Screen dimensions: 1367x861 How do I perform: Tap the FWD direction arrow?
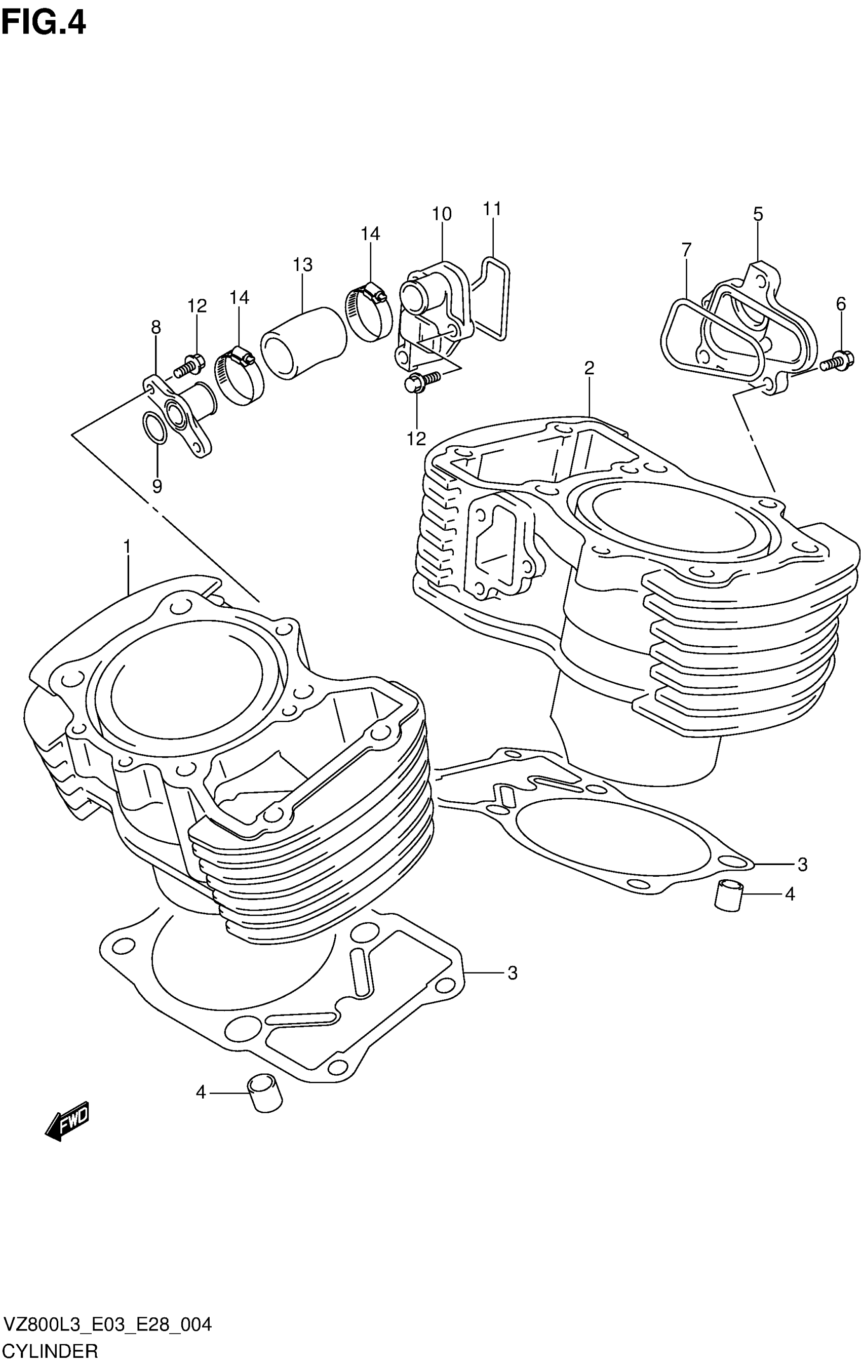[67, 1119]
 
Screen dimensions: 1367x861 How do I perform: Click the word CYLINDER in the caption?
[51, 1349]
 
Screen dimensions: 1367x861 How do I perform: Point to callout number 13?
[302, 264]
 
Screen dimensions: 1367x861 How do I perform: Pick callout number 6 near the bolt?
[841, 304]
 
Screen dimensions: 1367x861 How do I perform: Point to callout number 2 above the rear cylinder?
[589, 368]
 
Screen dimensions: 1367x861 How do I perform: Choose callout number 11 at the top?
[492, 210]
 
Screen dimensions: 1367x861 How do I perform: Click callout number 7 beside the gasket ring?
[686, 249]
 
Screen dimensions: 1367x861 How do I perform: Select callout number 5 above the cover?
[758, 214]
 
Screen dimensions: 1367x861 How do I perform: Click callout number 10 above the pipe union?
[442, 214]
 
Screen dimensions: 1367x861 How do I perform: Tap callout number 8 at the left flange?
[155, 328]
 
